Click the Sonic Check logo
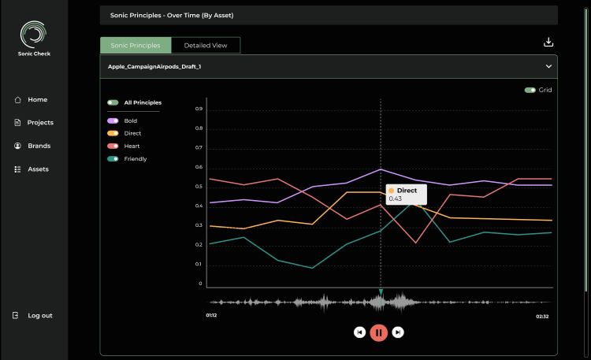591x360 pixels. pyautogui.click(x=33, y=35)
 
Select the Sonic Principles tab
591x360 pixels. pyautogui.click(x=136, y=46)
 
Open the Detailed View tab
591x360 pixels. pyautogui.click(x=206, y=46)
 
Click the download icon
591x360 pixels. pyautogui.click(x=548, y=43)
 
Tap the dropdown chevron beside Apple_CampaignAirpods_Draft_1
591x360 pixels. pyautogui.click(x=548, y=67)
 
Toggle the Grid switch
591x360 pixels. pyautogui.click(x=530, y=90)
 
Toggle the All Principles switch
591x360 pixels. pyautogui.click(x=113, y=102)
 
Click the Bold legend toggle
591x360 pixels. pyautogui.click(x=113, y=121)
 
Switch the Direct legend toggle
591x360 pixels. pyautogui.click(x=113, y=134)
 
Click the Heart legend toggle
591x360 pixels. pyautogui.click(x=113, y=147)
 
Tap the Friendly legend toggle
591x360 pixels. pyautogui.click(x=113, y=159)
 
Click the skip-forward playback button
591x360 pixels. pyautogui.click(x=398, y=332)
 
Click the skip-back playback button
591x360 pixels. pyautogui.click(x=359, y=332)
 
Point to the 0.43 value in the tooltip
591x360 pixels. pyautogui.click(x=395, y=199)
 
